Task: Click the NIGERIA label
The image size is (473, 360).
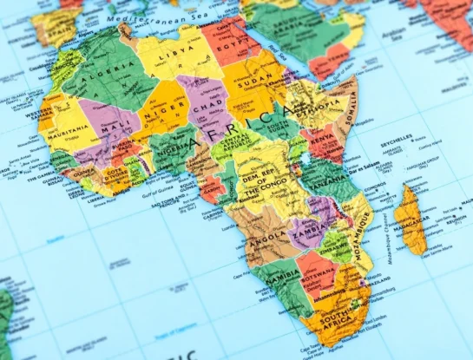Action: coord(170,148)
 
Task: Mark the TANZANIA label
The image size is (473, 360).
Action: coord(323,187)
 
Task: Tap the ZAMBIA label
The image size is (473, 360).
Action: coord(305,232)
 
